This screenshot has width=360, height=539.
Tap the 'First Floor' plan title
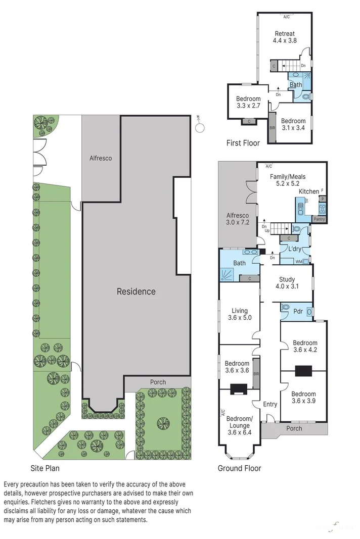pyautogui.click(x=243, y=143)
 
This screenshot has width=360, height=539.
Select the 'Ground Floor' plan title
pyautogui.click(x=239, y=468)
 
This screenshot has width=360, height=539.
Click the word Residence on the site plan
pyautogui.click(x=136, y=291)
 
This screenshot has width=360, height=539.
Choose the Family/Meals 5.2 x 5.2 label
pyautogui.click(x=289, y=180)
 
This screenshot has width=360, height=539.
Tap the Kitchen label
pyautogui.click(x=308, y=192)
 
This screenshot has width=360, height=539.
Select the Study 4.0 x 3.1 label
pyautogui.click(x=287, y=283)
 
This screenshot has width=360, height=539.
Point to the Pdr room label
pyautogui.click(x=298, y=312)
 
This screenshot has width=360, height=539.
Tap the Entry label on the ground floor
pyautogui.click(x=270, y=404)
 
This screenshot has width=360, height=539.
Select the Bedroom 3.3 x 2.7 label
pyautogui.click(x=248, y=102)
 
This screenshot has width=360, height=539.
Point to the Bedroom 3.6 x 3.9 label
pyautogui.click(x=303, y=398)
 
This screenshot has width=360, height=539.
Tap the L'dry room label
pyautogui.click(x=294, y=250)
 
